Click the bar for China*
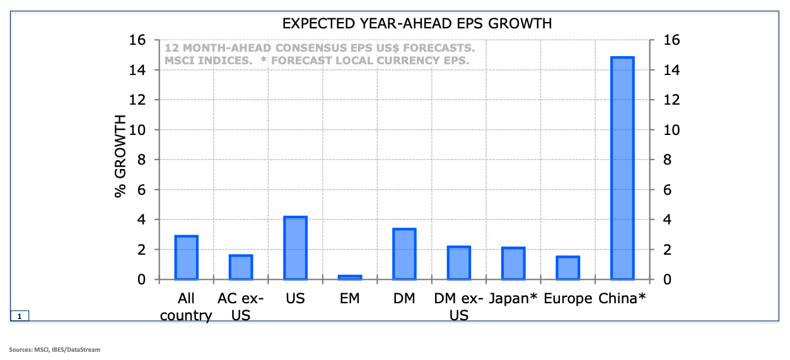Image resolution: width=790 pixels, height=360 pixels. (x=622, y=168)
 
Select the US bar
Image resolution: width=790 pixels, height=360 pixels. (x=295, y=248)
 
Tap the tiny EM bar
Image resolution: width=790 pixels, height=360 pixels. (x=350, y=277)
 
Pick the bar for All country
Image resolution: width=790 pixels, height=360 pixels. (x=186, y=257)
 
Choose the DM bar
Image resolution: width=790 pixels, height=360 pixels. (x=404, y=254)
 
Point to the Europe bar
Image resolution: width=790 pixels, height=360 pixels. (x=567, y=268)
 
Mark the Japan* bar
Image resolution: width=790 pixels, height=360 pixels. (x=513, y=264)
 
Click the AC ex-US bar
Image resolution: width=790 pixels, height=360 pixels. (x=241, y=267)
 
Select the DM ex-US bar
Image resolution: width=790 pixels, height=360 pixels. (x=459, y=263)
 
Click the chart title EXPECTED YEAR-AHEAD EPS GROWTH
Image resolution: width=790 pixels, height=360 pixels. (x=417, y=24)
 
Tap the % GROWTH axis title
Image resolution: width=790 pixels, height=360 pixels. (x=120, y=156)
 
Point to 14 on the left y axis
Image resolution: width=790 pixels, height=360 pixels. (x=138, y=70)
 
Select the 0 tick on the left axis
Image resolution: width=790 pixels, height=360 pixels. (x=142, y=280)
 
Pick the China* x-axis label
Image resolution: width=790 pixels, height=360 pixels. (x=622, y=298)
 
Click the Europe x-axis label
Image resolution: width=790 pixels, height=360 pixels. (x=567, y=298)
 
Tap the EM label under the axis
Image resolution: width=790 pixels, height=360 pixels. (x=349, y=298)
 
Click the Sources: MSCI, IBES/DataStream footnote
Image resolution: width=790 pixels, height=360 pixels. (x=54, y=349)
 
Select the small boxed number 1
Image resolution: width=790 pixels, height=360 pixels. (x=20, y=316)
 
